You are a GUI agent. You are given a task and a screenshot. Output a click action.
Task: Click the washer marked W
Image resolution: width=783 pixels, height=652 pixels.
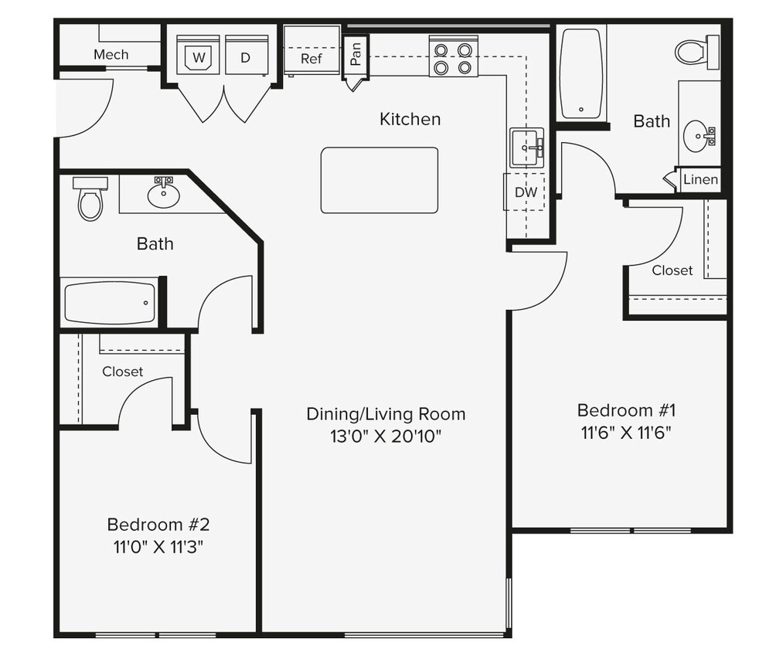198,56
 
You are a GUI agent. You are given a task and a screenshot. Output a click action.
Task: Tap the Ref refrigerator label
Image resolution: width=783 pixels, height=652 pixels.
311,59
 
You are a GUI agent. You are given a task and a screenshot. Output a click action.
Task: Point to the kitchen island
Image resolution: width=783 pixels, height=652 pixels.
379,180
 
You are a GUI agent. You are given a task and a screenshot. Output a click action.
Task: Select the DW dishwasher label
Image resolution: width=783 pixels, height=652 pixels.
526,192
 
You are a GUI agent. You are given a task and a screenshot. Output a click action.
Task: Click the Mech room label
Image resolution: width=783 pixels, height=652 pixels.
111,55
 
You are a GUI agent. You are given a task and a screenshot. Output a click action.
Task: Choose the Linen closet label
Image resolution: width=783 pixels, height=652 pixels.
700,180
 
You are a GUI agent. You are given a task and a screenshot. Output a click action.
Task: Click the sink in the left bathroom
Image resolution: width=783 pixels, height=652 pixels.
163,194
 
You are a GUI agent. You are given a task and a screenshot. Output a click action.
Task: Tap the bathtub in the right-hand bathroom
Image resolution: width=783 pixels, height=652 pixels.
580,73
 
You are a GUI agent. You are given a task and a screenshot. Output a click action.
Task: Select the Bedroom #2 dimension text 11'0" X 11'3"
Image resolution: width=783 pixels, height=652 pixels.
158,547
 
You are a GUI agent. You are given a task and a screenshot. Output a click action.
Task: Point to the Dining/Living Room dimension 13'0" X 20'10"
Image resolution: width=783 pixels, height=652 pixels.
386,436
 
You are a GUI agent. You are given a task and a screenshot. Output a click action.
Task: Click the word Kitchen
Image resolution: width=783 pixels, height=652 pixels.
410,119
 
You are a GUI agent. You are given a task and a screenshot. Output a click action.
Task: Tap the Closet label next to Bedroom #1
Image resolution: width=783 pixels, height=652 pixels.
672,270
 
